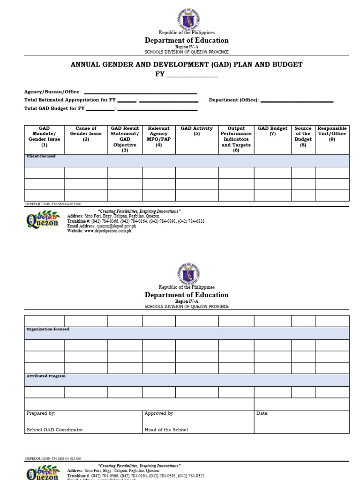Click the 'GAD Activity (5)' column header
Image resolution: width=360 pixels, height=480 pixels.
coord(196,131)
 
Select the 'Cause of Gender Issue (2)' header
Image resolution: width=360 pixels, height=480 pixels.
coord(86,134)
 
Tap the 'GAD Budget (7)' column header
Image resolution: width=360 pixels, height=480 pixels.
coord(272,131)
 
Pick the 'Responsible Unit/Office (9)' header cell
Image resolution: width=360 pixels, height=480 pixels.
coord(332,134)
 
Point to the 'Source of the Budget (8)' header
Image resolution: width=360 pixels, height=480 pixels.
coord(303,136)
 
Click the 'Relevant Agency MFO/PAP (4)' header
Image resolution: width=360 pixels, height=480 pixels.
coord(158,136)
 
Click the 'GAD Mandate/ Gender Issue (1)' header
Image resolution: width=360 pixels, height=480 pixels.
coord(45,136)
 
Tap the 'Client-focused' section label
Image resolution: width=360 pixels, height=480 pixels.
coord(41,156)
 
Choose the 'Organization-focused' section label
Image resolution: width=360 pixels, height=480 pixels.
coord(48,329)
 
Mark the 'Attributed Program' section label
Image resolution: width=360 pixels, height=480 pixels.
coord(46,376)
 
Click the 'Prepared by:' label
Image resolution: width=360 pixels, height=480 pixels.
coord(41,413)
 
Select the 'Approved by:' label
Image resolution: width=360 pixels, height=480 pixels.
coord(159,413)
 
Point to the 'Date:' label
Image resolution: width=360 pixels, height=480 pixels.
coord(262,413)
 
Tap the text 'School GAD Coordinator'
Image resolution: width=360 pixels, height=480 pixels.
coord(55,430)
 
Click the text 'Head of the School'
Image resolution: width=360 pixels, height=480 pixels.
coord(166,430)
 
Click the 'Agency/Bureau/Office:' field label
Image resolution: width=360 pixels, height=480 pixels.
coord(52,92)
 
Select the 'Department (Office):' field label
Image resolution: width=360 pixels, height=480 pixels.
coord(233,100)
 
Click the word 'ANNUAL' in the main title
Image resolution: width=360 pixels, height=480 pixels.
coord(86,65)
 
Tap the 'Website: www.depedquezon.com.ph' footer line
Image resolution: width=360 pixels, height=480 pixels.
coord(99,231)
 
